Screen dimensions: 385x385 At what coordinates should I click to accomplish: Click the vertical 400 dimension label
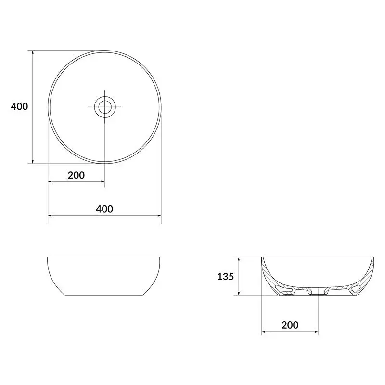[x=19, y=106]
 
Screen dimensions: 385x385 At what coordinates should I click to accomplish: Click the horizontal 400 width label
[x=104, y=209]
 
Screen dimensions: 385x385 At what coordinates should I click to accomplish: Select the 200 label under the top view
[x=76, y=175]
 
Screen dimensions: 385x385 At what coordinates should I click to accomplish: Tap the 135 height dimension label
[x=225, y=277]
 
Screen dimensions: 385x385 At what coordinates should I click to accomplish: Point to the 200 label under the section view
[x=290, y=325]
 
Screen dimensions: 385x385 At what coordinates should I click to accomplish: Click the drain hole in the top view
[x=105, y=107]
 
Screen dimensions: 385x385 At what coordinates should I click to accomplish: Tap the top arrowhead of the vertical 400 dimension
[x=33, y=52]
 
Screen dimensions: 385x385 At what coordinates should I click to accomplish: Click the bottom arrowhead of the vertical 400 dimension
[x=33, y=161]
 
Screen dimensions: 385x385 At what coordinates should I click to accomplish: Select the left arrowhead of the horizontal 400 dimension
[x=50, y=216]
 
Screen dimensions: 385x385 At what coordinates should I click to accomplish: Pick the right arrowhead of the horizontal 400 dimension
[x=159, y=216]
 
